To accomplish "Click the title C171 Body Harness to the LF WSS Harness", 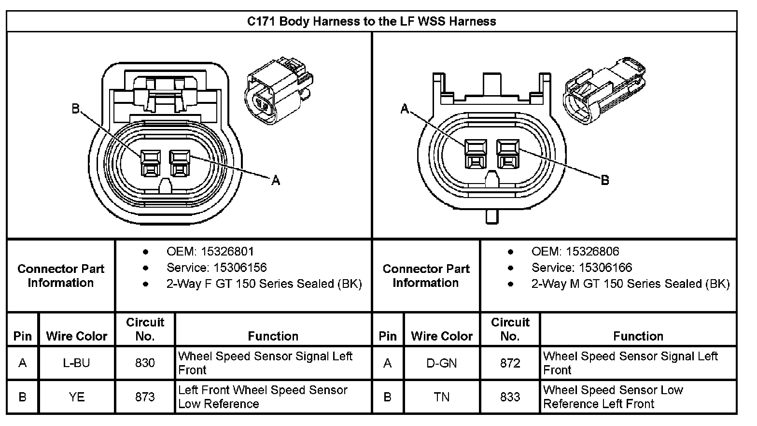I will click(x=371, y=21).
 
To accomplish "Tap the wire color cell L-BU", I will click(x=76, y=363).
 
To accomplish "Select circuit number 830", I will click(x=145, y=363).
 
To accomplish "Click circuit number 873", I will click(x=145, y=397).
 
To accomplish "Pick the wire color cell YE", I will click(x=76, y=397).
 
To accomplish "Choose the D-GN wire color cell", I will click(x=441, y=363).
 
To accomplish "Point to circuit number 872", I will click(x=510, y=363).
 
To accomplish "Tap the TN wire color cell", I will click(x=441, y=397).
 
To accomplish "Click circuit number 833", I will click(x=510, y=397).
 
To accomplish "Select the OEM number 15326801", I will click(x=227, y=251).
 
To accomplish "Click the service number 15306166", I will click(x=605, y=268).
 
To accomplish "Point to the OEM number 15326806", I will click(x=592, y=251).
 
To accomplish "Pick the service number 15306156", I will click(x=240, y=268).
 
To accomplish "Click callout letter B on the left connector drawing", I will click(x=75, y=109).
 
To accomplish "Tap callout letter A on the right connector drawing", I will click(x=405, y=110).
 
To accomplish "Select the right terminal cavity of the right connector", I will click(x=507, y=154).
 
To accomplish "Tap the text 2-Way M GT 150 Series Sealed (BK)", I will click(x=630, y=284).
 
